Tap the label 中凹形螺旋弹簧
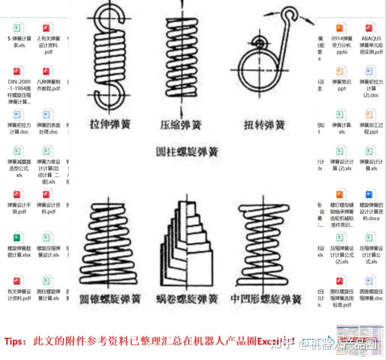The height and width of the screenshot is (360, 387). pos(267,299)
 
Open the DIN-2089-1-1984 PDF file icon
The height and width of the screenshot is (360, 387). pos(19,72)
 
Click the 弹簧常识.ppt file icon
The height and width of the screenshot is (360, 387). pos(341,72)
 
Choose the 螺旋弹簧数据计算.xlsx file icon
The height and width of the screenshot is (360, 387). pos(19,237)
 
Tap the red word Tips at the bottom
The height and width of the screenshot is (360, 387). pos(16,341)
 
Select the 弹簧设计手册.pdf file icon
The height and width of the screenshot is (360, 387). pos(19,195)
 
